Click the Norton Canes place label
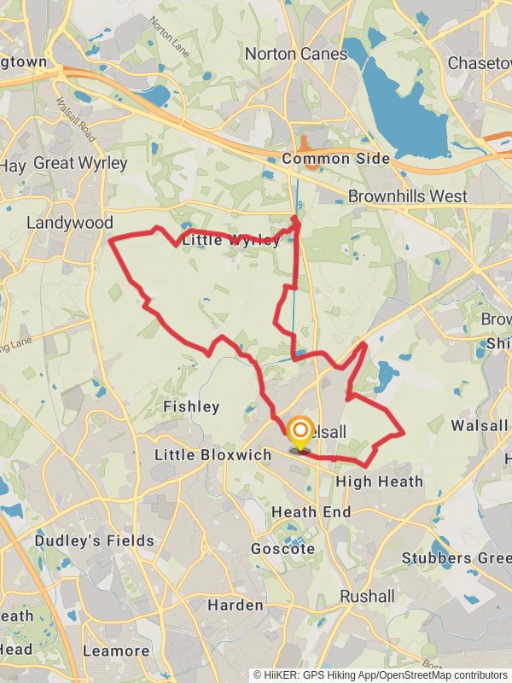point(296,54)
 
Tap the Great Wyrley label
point(80,162)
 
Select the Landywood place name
point(69,222)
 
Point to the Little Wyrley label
point(230,241)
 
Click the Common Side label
point(335,159)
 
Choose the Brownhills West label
point(407,196)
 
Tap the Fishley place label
point(191,406)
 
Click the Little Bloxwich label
point(212,455)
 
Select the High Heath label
point(379,482)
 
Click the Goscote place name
point(282,549)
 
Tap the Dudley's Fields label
point(95,540)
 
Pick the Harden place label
point(236,605)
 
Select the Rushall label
point(367,596)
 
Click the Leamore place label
point(117,651)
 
